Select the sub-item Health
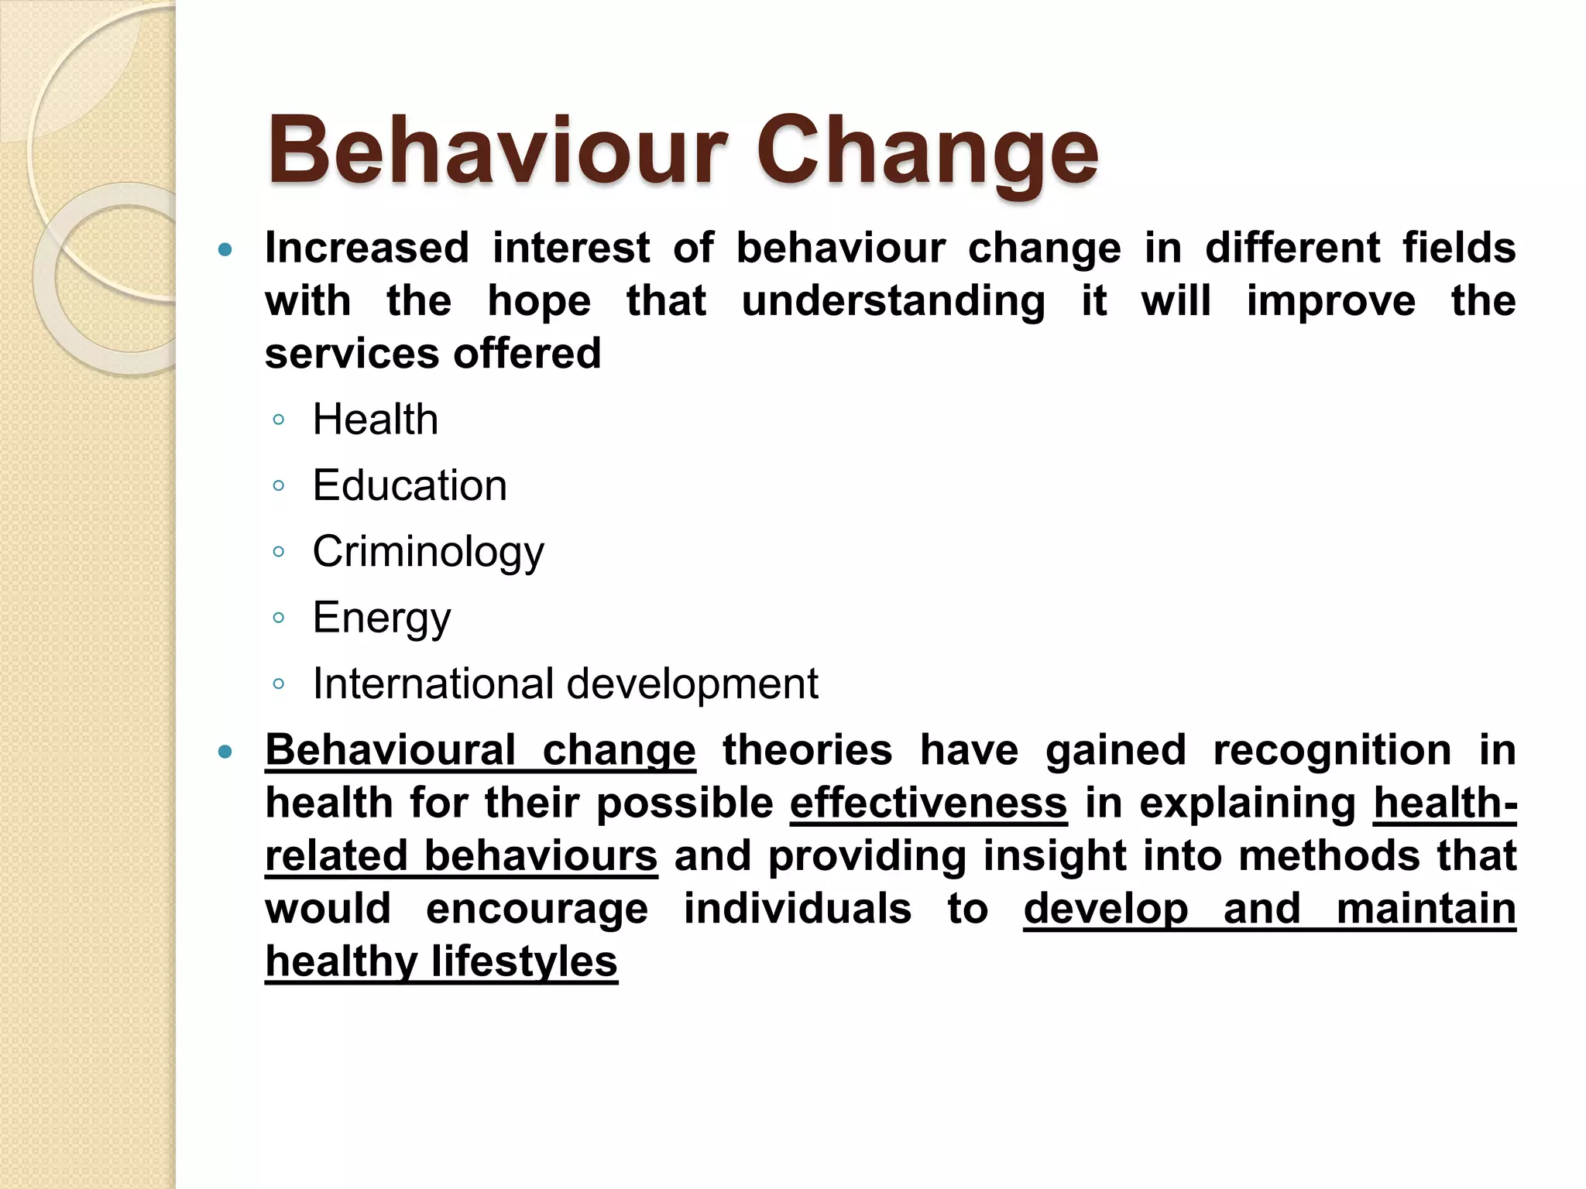pyautogui.click(x=376, y=420)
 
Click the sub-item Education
pyautogui.click(x=410, y=485)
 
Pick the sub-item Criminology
pyautogui.click(x=428, y=552)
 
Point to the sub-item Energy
pyautogui.click(x=382, y=618)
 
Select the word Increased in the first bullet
pyautogui.click(x=367, y=248)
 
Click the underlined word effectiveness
pyautogui.click(x=929, y=803)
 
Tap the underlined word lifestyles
pyautogui.click(x=524, y=961)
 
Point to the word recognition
pyautogui.click(x=1332, y=751)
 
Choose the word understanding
pyautogui.click(x=893, y=301)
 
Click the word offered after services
pyautogui.click(x=527, y=354)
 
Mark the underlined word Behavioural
pyautogui.click(x=390, y=750)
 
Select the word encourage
pyautogui.click(x=537, y=909)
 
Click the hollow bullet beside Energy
pyautogui.click(x=279, y=618)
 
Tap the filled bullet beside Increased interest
pyautogui.click(x=225, y=249)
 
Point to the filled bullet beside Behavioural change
pyautogui.click(x=225, y=751)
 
